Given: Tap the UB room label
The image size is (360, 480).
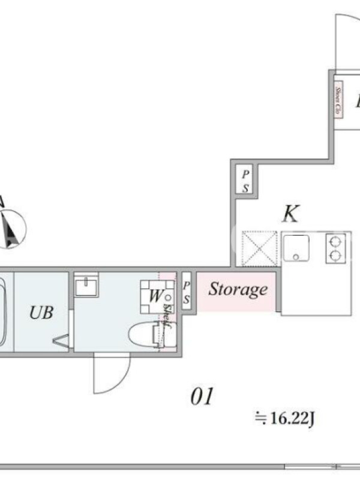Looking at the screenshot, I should [41, 312].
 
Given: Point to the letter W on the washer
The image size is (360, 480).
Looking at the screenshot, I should [155, 296].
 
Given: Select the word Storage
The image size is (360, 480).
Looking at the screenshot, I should [238, 290].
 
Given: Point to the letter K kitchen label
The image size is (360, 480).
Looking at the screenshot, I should [290, 214].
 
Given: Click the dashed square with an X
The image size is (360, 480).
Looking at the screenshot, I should [259, 248].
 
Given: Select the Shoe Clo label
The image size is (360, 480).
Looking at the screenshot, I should [338, 101].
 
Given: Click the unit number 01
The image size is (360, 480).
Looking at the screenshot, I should [202, 397].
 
